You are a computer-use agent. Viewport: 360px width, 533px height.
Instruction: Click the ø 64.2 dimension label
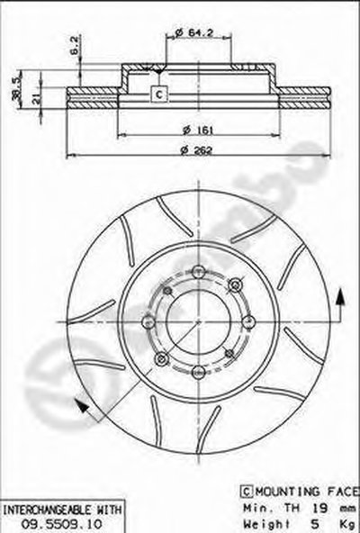point(194,32)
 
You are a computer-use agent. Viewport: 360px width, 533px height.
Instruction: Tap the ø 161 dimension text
point(198,130)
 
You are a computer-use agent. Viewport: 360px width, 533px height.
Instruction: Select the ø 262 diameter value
point(197,149)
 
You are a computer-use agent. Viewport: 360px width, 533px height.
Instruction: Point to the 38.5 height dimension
point(15,90)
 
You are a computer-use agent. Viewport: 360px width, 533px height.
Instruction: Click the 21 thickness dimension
point(36,98)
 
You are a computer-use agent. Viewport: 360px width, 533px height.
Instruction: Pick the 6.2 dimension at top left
point(75,45)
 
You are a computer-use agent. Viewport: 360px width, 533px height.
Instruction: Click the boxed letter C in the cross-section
point(159,95)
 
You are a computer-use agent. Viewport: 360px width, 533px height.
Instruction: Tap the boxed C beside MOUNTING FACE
point(247,492)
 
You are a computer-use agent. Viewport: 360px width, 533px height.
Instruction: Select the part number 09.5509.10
point(61,524)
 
